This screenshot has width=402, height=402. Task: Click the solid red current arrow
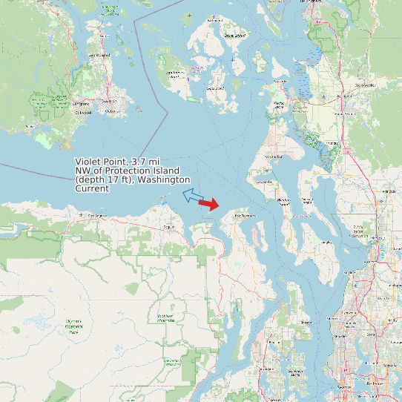(x=209, y=204)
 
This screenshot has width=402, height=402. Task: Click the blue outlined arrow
(x=193, y=196)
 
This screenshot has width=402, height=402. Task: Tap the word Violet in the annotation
(x=88, y=162)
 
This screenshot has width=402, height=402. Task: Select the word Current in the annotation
(x=92, y=188)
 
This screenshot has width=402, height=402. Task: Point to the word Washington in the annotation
(x=164, y=179)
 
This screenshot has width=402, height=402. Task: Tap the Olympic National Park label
(x=73, y=326)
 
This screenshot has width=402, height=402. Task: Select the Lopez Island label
(x=214, y=88)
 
